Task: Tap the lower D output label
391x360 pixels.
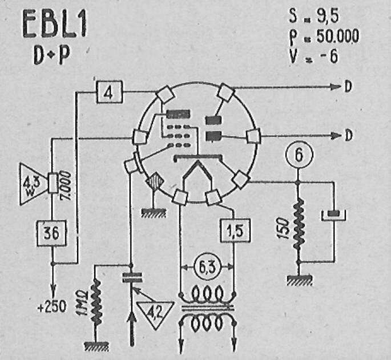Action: click(348, 136)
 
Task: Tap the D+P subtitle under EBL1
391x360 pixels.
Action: click(49, 56)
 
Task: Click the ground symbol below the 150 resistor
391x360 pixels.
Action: click(298, 279)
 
